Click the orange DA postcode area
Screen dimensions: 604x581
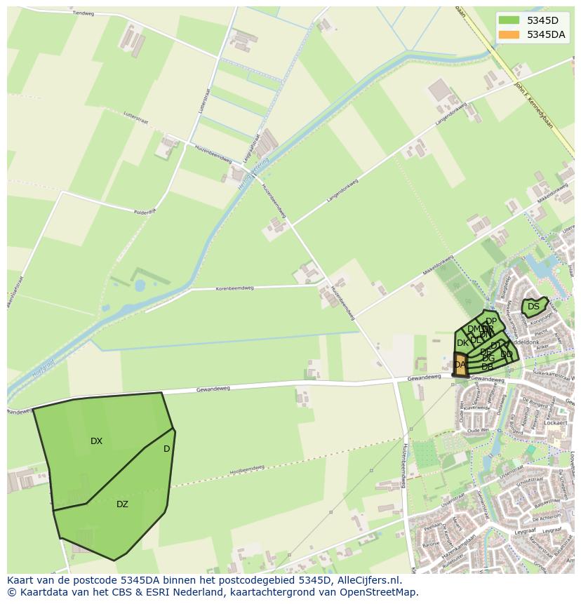(x=460, y=364)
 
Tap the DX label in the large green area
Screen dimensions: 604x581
(x=96, y=441)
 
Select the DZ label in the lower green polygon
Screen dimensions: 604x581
(x=122, y=504)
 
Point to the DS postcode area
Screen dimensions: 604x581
(x=534, y=307)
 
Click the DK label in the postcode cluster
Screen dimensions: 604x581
(x=462, y=343)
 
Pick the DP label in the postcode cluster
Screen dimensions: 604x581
(x=491, y=321)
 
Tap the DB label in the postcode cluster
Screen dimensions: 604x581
(x=487, y=367)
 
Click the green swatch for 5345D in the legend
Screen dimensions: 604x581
(x=509, y=20)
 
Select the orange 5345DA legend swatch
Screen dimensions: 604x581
(x=509, y=34)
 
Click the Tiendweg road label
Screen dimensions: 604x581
(x=83, y=13)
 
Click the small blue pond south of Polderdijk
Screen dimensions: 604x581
(x=140, y=286)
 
